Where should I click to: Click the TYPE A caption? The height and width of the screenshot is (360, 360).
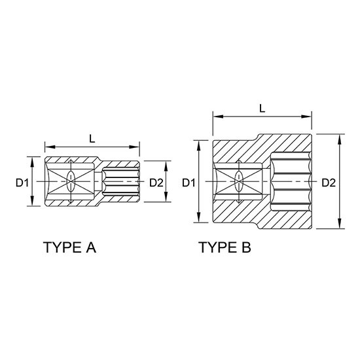69,247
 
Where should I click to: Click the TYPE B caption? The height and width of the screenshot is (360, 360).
225,247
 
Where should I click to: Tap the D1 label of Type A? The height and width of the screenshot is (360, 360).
22,183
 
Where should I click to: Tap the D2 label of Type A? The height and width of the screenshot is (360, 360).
156,183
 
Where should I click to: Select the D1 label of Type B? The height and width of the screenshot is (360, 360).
189,183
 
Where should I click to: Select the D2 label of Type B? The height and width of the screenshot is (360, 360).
329,183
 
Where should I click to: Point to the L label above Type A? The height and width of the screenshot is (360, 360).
92,139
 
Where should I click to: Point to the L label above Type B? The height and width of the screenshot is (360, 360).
262,108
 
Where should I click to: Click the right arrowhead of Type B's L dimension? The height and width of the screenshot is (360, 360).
306,117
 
